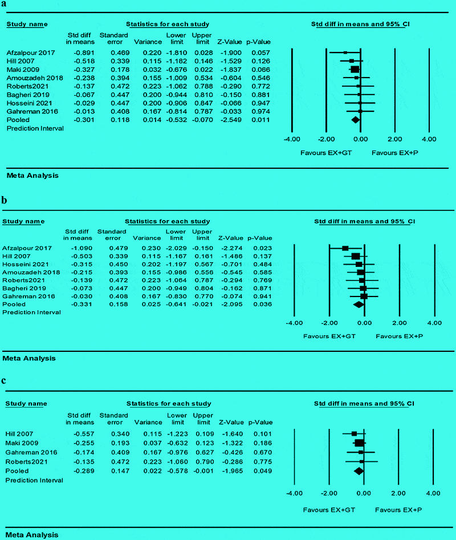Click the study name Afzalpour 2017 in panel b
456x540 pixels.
(x=27, y=248)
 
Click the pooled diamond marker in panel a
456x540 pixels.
(x=356, y=120)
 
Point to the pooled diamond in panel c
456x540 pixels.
(x=359, y=470)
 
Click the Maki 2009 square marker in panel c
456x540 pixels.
(x=359, y=443)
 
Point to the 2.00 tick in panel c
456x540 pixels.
(x=398, y=493)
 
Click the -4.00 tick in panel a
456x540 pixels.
(x=292, y=139)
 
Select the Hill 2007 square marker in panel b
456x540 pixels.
(x=356, y=257)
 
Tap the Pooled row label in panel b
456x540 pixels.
(x=15, y=304)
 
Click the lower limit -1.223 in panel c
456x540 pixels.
(x=176, y=434)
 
